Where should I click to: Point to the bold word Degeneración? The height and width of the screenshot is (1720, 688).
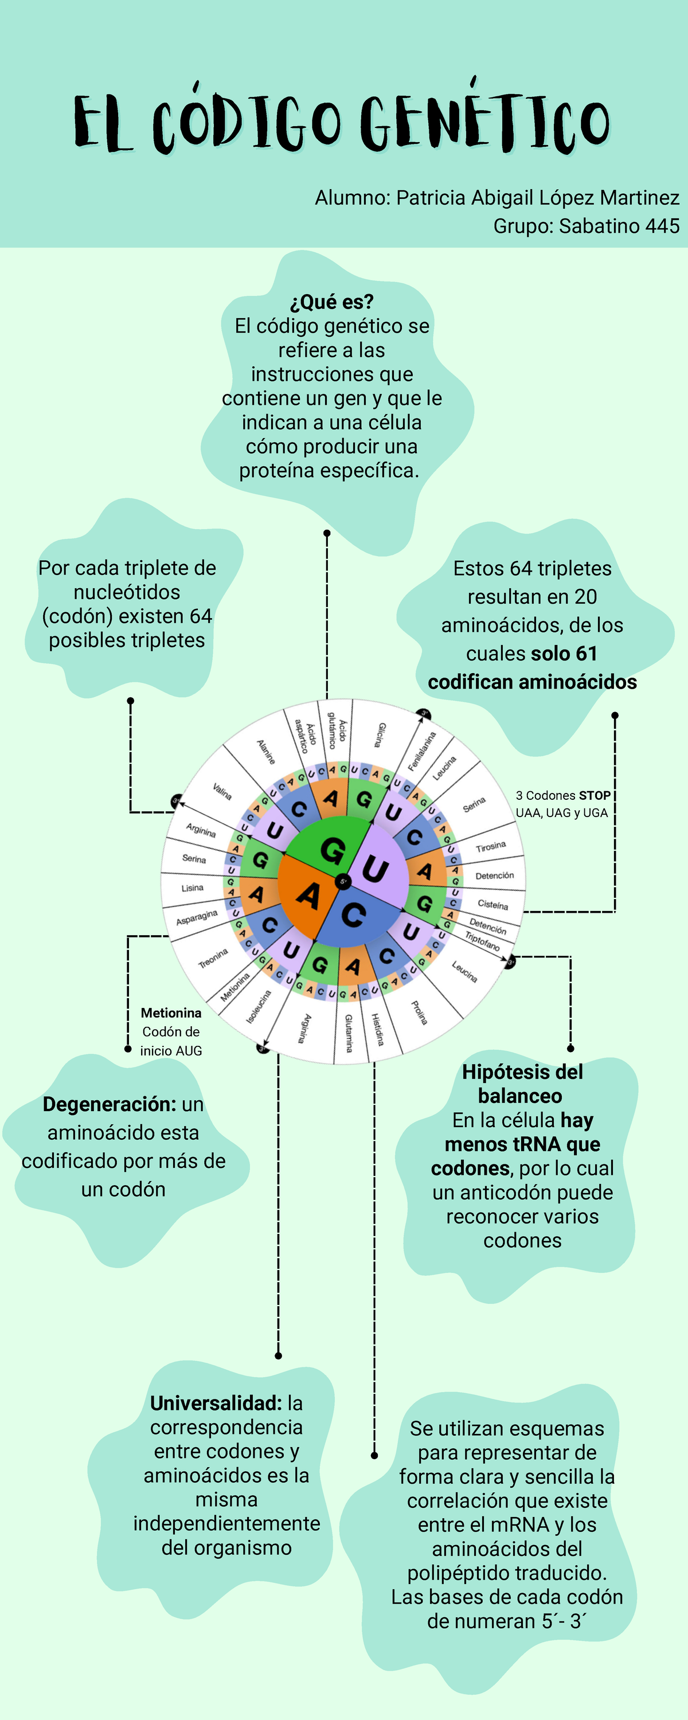[x=109, y=1104]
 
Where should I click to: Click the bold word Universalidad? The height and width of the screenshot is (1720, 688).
[x=216, y=1403]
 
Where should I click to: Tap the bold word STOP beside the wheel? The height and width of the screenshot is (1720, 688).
[x=594, y=795]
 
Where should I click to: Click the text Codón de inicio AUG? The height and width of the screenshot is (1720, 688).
[x=171, y=1040]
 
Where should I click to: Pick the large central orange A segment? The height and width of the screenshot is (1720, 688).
[x=307, y=896]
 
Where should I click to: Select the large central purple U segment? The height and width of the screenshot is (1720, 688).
[x=376, y=868]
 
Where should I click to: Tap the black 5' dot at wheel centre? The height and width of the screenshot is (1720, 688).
[x=343, y=881]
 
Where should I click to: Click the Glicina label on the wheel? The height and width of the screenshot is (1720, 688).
[x=380, y=734]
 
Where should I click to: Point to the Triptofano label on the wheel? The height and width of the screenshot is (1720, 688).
[x=482, y=940]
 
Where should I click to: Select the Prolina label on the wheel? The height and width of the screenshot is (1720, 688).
[x=419, y=1011]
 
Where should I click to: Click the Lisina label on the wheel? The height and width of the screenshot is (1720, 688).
[x=193, y=888]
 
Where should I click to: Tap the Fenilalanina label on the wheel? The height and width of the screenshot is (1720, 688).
[x=422, y=750]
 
